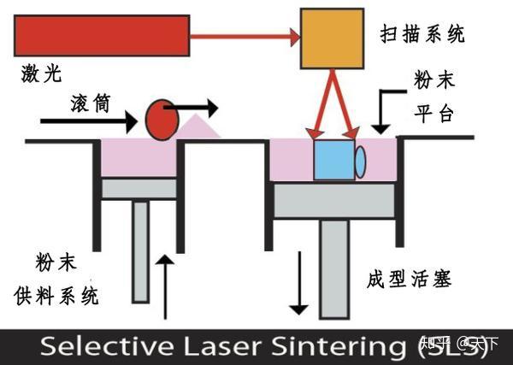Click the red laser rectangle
pyautogui.click(x=102, y=35)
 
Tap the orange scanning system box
pyautogui.click(x=331, y=39)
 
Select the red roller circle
pyautogui.click(x=160, y=119)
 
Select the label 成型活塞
pyautogui.click(x=407, y=279)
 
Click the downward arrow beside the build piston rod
pyautogui.click(x=299, y=283)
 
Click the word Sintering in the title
pyautogui.click(x=342, y=347)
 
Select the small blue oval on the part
pyautogui.click(x=360, y=160)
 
